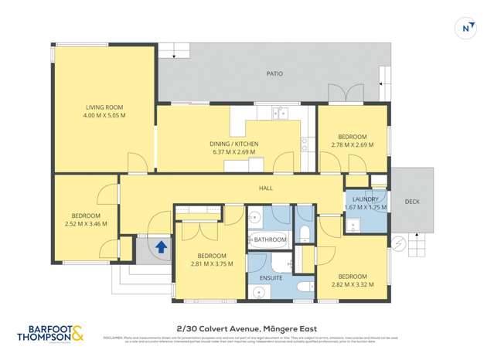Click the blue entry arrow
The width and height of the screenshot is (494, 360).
161,247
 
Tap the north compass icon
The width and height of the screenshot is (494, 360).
466,28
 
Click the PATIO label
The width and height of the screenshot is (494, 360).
274,74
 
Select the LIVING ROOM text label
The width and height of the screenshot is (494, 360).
104,107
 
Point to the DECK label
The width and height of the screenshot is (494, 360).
413,202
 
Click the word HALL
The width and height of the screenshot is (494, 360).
267,187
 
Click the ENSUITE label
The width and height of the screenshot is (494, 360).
271,277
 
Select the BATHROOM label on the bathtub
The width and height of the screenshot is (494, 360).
271,239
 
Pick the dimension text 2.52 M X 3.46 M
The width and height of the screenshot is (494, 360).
85,224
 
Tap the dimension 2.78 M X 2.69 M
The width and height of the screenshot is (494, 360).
353,144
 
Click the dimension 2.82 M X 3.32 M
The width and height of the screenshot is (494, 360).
352,284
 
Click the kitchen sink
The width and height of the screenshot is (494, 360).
280,113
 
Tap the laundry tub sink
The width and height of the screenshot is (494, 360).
352,225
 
